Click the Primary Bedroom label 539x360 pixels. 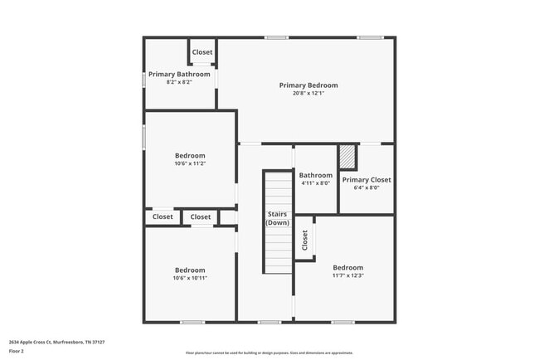[x=308, y=85]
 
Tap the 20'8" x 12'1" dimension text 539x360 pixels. [x=308, y=93]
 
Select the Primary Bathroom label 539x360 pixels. [x=179, y=74]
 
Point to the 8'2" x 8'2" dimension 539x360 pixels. [x=179, y=81]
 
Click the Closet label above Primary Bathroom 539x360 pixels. [x=202, y=51]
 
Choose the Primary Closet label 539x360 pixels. [x=366, y=179]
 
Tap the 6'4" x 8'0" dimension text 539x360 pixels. [x=366, y=187]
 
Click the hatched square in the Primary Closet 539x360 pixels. [x=347, y=158]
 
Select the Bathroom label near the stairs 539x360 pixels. [x=315, y=175]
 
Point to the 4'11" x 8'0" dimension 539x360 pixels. [x=315, y=183]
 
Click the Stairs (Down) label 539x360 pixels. [x=278, y=218]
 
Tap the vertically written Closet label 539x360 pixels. [x=304, y=240]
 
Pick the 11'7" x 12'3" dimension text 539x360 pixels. [x=347, y=275]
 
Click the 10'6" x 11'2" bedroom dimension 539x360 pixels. [x=190, y=163]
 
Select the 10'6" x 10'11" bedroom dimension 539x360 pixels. [x=190, y=278]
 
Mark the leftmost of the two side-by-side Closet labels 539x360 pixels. [x=163, y=216]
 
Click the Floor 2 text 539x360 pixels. [x=17, y=351]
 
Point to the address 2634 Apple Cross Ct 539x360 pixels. [x=56, y=342]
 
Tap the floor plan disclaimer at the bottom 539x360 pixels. [x=269, y=353]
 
